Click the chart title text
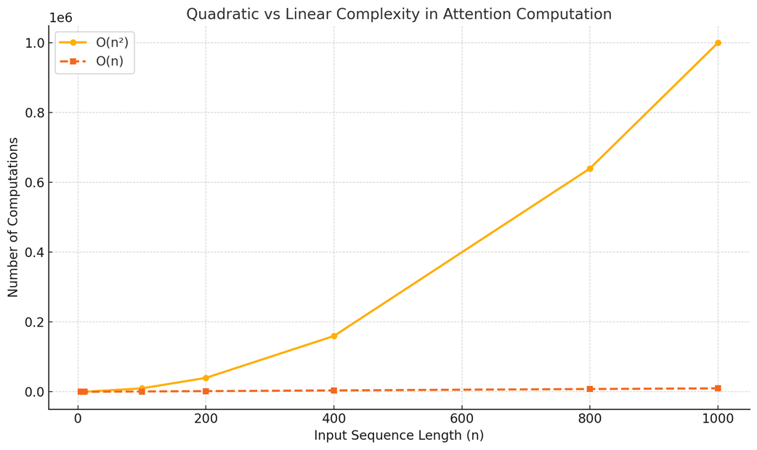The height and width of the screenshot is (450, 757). click(x=399, y=15)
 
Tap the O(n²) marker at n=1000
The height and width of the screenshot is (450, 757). click(x=718, y=43)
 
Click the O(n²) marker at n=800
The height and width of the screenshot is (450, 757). click(x=590, y=168)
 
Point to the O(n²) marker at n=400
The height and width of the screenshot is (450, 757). click(x=333, y=336)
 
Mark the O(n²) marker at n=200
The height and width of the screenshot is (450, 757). click(x=206, y=378)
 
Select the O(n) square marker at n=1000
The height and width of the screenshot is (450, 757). click(x=718, y=388)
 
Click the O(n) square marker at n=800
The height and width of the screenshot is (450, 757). click(x=590, y=389)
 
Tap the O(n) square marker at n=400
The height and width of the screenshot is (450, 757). click(x=333, y=390)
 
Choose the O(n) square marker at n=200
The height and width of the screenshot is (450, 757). click(x=206, y=391)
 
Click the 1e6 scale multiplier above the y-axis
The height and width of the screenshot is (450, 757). click(x=60, y=18)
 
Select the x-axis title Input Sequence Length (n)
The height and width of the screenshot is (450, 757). click(x=399, y=435)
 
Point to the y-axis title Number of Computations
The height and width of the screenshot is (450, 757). click(x=14, y=217)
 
